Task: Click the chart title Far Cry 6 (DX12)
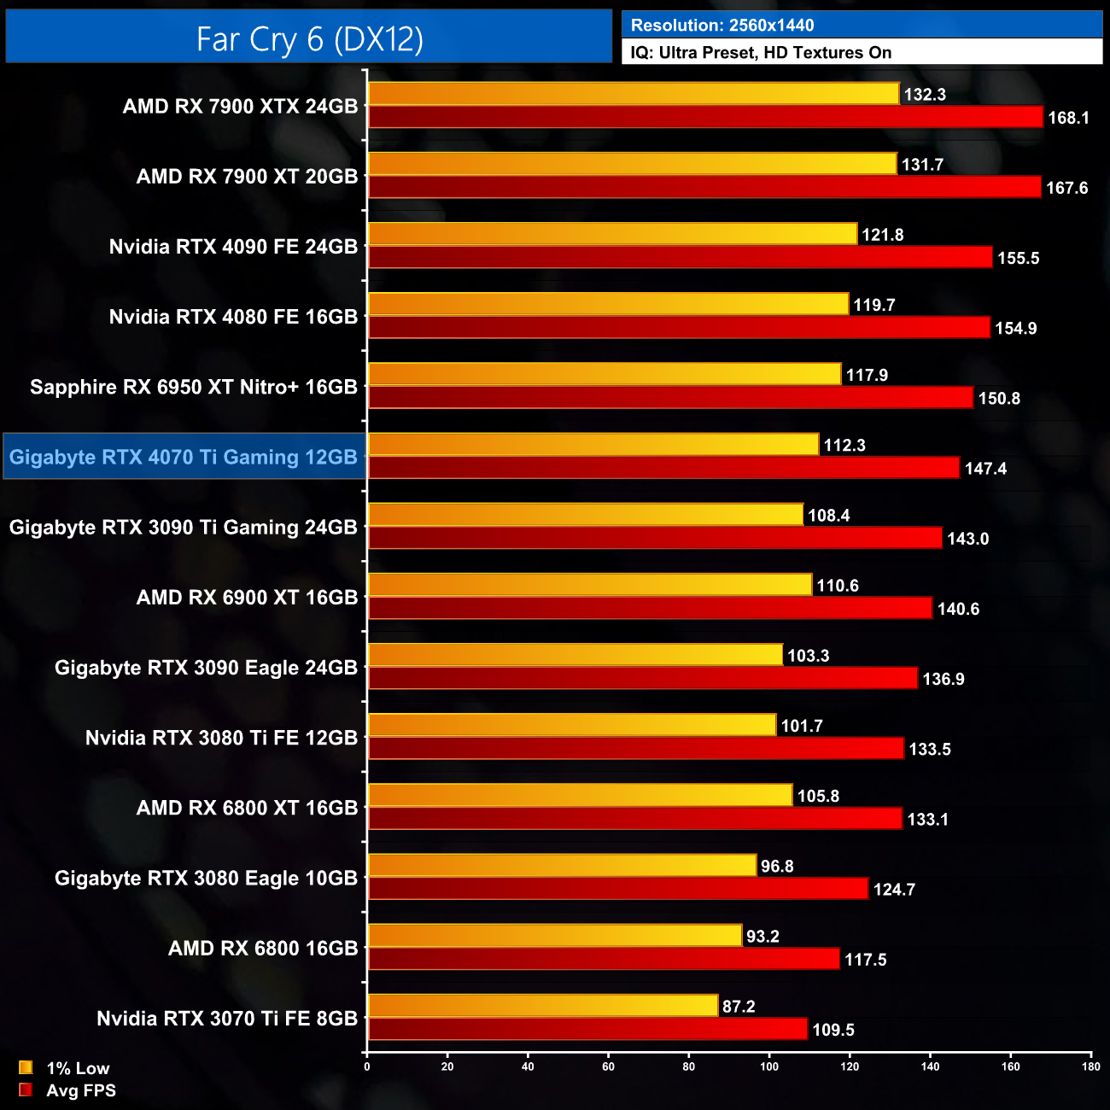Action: [x=309, y=39]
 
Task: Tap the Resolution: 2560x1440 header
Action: [x=722, y=25]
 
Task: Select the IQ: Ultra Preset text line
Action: [x=761, y=52]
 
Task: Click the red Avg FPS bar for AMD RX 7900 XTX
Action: [x=705, y=117]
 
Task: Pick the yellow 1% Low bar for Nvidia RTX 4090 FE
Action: [x=612, y=234]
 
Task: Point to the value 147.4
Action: [x=985, y=469]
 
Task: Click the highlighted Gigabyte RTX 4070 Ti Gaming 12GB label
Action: [x=184, y=457]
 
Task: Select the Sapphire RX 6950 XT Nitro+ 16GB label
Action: [x=194, y=387]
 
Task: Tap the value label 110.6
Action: [x=838, y=586]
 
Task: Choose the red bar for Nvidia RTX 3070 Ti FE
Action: [x=587, y=1029]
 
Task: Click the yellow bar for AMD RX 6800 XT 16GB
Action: [x=580, y=795]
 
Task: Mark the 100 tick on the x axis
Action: [x=769, y=1066]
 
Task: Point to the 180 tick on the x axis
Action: [x=1091, y=1066]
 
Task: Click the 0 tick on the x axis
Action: [x=367, y=1066]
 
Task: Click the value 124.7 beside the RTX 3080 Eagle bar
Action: [x=894, y=890]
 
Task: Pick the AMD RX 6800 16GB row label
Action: [x=263, y=948]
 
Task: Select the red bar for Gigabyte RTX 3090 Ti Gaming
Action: [x=655, y=538]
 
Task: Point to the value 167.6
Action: [x=1066, y=188]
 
